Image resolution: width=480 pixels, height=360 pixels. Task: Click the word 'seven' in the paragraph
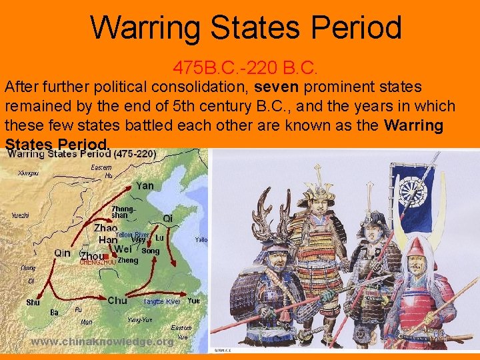275,87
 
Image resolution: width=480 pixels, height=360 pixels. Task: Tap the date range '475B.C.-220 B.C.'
246,67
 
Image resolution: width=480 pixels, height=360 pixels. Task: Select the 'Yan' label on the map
145,186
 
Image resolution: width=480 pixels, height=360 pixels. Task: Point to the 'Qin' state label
62,253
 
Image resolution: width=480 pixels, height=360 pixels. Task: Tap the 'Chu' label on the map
117,301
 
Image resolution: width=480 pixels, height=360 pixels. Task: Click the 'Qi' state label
168,219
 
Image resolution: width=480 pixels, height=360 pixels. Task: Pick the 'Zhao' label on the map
106,227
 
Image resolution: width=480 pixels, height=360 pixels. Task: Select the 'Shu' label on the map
33,302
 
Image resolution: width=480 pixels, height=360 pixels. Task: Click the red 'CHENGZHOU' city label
97,263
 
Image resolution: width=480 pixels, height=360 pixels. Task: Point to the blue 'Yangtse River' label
161,302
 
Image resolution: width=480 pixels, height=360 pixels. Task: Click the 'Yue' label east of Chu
193,301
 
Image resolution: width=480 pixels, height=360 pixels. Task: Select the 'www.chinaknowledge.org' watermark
103,341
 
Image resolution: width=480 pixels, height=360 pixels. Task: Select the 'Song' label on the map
151,251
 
